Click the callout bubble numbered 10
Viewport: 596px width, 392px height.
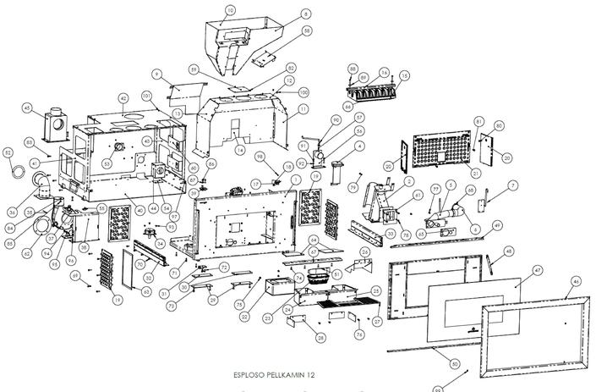coord(230,11)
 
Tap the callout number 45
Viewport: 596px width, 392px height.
coord(27,108)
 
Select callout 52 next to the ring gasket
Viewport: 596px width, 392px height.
coord(8,152)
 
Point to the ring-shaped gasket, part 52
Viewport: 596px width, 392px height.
coord(17,170)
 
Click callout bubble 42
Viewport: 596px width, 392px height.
coord(123,98)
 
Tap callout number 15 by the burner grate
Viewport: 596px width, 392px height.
coord(405,75)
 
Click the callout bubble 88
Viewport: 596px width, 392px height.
coord(353,68)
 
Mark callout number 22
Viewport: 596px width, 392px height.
coord(243,317)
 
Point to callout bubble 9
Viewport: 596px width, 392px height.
coord(157,75)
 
